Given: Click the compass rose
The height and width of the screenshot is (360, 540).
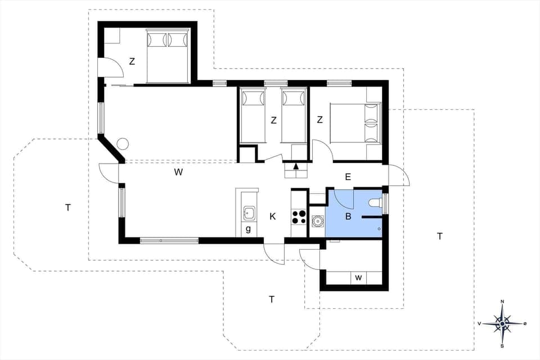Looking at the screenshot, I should [502, 323].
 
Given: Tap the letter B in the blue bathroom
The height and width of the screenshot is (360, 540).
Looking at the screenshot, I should [348, 216].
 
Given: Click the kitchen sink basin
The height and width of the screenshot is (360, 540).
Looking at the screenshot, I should [249, 213].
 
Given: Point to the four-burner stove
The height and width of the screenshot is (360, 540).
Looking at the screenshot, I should [299, 217].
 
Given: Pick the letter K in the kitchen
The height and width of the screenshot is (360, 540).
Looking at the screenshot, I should [273, 217].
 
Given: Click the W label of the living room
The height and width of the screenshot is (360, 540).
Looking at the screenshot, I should [178, 173].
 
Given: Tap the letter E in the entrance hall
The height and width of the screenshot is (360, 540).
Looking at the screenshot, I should [348, 177].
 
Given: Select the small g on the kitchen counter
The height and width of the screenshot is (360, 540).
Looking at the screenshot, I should [248, 229].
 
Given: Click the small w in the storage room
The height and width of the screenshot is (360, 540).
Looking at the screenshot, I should [358, 277].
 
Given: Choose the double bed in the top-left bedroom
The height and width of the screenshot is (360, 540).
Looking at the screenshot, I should [168, 56].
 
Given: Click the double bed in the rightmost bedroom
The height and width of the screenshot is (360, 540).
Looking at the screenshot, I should [355, 123].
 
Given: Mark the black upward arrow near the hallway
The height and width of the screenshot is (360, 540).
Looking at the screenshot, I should [296, 166].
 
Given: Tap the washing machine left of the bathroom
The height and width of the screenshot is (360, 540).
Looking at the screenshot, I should [317, 221].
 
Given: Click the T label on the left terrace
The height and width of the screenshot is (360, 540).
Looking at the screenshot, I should [67, 208].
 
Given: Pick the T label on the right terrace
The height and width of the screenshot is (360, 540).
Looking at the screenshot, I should [440, 236].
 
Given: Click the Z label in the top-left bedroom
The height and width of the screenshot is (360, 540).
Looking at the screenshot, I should [132, 62].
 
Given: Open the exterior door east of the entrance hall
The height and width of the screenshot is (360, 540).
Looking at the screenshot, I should [398, 175].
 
